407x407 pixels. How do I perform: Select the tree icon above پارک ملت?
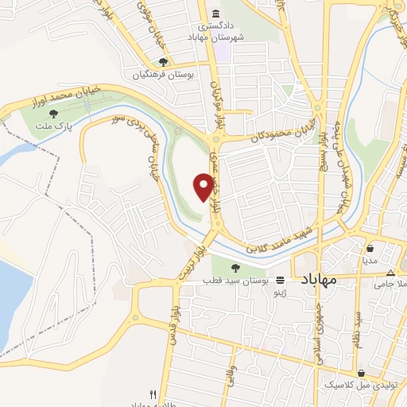coord(54,113)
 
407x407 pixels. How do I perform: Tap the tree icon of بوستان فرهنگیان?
coord(163,62)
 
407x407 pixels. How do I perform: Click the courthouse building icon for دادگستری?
coord(217,13)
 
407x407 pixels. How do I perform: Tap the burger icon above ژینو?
coord(281,281)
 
